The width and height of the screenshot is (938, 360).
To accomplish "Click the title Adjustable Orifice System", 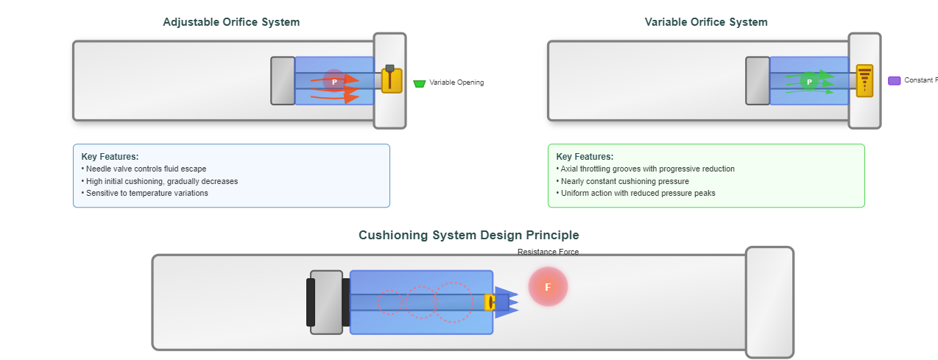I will pos(231,22).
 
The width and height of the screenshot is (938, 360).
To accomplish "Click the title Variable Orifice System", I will pos(705,22).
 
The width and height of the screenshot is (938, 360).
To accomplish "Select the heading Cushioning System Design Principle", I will pos(468,236).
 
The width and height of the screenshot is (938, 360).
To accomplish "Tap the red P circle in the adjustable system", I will pos(334,81).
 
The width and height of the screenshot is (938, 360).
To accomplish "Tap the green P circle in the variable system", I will pos(808,81).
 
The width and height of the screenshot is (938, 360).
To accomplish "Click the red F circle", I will pos(548,286).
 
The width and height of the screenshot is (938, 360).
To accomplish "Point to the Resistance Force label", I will pos(548,252).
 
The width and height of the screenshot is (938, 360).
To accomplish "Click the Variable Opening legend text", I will pos(456,82).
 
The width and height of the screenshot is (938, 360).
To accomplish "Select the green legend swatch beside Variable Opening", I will pos(420,84).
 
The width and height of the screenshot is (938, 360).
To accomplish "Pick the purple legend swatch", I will pos(894,81).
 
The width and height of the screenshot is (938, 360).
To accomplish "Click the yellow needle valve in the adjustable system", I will pos(392,80).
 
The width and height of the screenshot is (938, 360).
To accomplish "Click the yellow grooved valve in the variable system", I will pos(864,80).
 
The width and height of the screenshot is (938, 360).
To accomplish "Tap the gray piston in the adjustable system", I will pos(283,80).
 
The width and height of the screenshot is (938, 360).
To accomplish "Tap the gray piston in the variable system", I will pos(758,80).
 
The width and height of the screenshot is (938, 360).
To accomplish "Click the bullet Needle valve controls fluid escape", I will pos(146,169).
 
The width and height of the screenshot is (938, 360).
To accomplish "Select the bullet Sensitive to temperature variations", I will pos(147,193).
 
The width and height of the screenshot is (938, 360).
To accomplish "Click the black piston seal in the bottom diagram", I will pos(311,302).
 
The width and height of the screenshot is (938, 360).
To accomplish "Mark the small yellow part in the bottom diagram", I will pos(489,303).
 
